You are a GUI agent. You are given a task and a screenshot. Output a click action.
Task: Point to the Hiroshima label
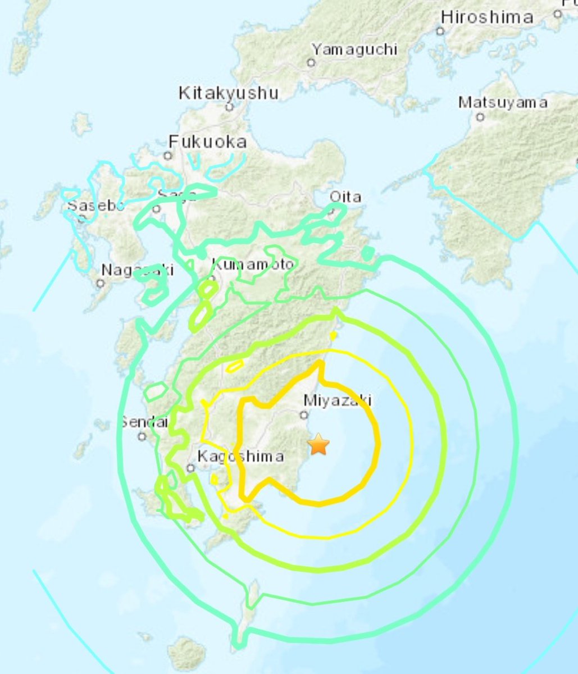click(x=486, y=17)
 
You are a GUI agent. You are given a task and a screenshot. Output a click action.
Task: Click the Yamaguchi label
click(x=354, y=49)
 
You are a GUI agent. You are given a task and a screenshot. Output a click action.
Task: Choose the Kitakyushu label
click(x=228, y=93)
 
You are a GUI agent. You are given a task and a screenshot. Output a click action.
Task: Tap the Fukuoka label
click(x=208, y=142)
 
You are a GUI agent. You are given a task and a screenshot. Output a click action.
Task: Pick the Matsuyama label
click(x=502, y=103)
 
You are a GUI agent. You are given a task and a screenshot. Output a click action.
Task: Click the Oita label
click(x=345, y=197)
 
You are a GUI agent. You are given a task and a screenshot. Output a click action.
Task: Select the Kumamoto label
click(x=252, y=263)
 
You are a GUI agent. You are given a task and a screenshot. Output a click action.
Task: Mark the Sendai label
click(x=144, y=421)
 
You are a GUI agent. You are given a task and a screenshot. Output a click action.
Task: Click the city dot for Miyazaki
click(x=304, y=415)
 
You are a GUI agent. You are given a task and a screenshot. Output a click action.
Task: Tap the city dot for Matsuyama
click(x=480, y=117)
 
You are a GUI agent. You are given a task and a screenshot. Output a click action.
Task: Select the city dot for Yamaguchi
click(x=311, y=63)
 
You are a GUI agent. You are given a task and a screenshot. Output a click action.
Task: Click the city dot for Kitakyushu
click(x=229, y=107)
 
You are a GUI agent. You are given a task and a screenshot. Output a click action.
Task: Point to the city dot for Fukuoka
click(x=167, y=155)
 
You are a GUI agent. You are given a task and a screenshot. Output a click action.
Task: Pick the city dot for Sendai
click(x=142, y=436)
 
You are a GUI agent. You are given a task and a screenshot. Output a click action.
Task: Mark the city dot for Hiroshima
click(x=441, y=31)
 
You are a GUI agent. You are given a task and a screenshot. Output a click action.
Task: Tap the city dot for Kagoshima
click(x=192, y=468)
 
